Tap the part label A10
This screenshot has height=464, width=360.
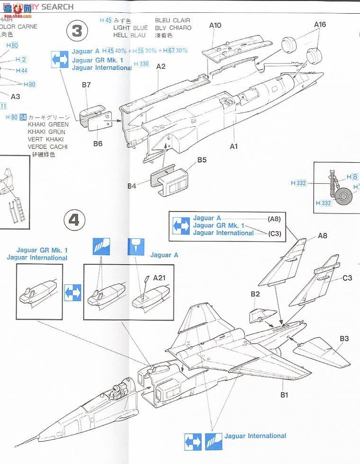click(x=215, y=26)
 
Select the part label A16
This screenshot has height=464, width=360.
click(x=320, y=25)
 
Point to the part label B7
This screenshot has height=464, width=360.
click(x=86, y=85)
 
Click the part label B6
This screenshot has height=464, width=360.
click(x=98, y=143)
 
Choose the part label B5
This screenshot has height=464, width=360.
click(x=202, y=160)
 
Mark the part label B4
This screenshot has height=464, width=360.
click(x=132, y=186)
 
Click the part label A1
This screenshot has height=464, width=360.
click(x=234, y=146)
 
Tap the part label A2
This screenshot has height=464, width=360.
click(x=161, y=66)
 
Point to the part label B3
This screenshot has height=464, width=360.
click(x=344, y=339)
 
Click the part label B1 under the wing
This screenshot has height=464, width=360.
click(x=284, y=395)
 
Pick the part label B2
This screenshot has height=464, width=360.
click(x=255, y=294)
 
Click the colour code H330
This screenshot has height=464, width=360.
click(x=141, y=64)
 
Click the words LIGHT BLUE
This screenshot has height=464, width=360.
click(x=130, y=28)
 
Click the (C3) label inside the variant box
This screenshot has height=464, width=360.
click(x=274, y=233)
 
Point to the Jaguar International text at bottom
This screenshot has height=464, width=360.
click(x=255, y=436)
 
